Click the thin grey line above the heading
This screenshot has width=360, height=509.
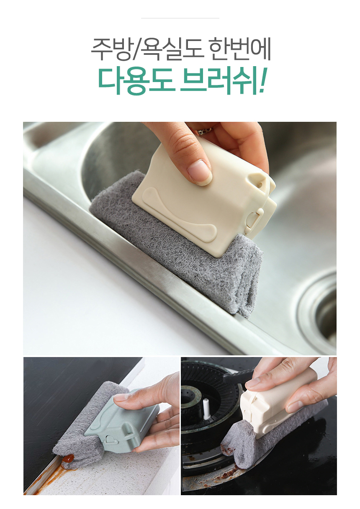click(180, 18)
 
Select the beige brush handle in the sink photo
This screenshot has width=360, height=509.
click(205, 195)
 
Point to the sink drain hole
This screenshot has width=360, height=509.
click(323, 307)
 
